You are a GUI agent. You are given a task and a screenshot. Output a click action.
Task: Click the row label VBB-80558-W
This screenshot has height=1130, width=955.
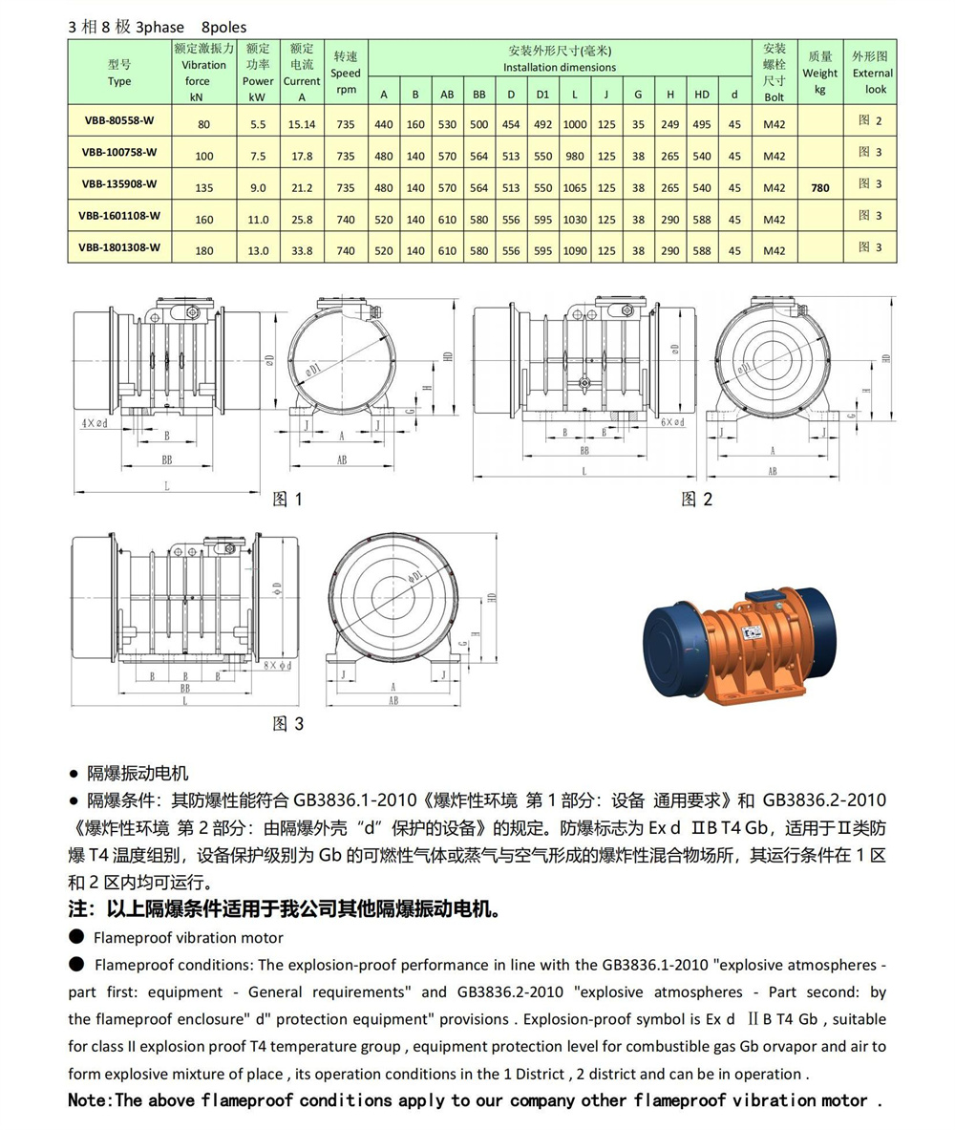coord(119,120)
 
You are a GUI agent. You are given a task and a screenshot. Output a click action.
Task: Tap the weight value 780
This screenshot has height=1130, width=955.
coord(819,188)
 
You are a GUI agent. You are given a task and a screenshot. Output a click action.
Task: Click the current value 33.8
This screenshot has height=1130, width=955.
coord(302,251)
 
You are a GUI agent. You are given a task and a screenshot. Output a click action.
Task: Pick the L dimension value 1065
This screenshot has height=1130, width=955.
coord(575,188)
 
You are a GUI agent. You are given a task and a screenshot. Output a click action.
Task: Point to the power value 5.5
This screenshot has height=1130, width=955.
coord(258,124)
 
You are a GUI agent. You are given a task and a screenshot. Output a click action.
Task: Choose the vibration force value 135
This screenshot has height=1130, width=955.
coord(204,188)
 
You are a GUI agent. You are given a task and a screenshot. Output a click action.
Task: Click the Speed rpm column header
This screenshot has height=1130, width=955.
coord(346,73)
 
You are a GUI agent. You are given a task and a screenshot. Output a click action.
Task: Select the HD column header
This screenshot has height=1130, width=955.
coord(702,95)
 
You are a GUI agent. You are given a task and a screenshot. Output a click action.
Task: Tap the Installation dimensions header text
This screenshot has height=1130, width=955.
coord(560,68)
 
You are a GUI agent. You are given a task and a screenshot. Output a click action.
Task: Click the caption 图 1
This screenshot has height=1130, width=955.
coord(286,499)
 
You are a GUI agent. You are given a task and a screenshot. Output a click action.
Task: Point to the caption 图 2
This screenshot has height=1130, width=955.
coord(696,499)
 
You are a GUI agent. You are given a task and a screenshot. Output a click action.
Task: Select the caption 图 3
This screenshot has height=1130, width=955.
coord(287,723)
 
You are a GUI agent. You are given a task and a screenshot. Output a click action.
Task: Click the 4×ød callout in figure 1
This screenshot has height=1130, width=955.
coord(95,421)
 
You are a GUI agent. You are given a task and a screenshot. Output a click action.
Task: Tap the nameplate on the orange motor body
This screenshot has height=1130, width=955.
coord(753,631)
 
